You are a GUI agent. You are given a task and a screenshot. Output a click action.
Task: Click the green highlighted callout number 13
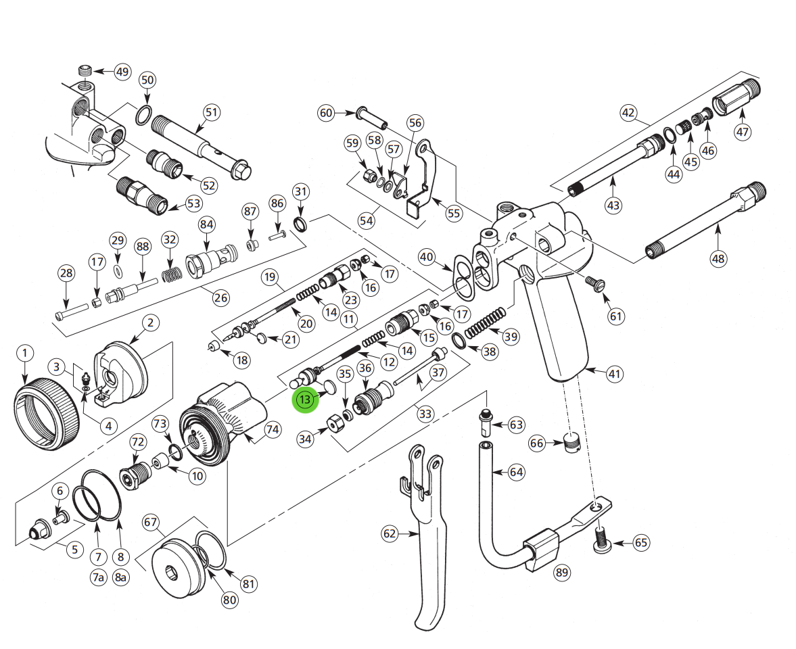click(x=305, y=400)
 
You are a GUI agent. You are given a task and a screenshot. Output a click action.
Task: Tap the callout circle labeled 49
click(x=122, y=72)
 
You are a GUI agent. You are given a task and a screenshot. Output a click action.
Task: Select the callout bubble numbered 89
click(x=562, y=573)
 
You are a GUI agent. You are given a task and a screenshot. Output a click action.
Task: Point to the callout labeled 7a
click(x=99, y=577)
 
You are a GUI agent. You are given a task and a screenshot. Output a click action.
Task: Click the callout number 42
click(x=629, y=113)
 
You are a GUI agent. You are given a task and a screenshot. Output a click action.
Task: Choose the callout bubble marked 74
click(x=272, y=429)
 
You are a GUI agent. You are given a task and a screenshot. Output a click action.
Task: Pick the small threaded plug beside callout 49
click(x=85, y=71)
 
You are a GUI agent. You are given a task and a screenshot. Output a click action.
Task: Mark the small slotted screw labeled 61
click(x=594, y=283)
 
